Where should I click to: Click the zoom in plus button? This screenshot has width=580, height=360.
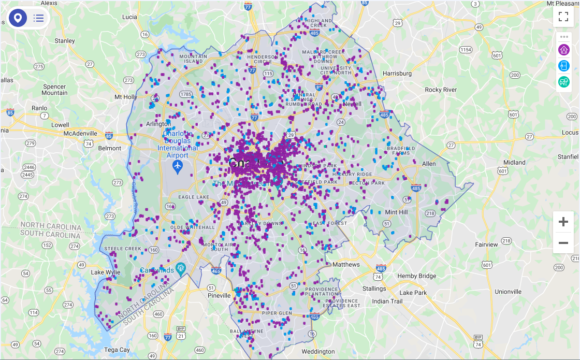pos(563,222)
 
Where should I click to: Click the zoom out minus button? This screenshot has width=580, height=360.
pos(563,242)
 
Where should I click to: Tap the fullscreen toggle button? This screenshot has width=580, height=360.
pos(563,16)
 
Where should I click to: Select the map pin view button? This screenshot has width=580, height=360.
pos(18,18)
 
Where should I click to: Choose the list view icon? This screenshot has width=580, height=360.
pos(38,18)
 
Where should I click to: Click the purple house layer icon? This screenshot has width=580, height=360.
pos(564,50)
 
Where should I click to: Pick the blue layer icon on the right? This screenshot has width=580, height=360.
pos(564,66)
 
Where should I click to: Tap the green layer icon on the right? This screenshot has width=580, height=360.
pos(564,82)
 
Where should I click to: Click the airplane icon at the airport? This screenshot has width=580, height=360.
pos(178,166)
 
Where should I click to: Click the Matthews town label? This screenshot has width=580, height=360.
pos(345,265)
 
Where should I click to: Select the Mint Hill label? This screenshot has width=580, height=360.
pos(396,212)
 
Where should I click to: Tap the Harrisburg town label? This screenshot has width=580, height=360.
pos(397,74)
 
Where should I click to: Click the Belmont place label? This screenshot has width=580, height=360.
pos(110,148)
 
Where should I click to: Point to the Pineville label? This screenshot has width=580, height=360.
pos(219,296)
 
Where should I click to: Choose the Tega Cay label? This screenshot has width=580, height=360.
pos(117,350)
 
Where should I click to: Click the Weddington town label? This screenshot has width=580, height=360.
pos(318,352)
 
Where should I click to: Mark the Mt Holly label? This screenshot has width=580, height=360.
pos(126,97)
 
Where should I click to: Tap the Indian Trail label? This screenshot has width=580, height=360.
pos(387,301)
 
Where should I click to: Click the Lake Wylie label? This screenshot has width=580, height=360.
pos(105,272)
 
